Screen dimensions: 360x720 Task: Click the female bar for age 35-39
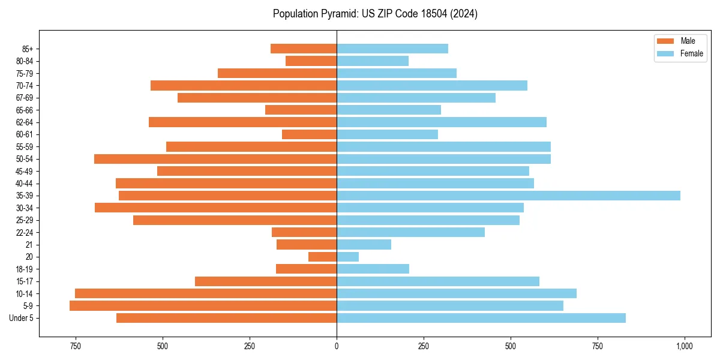click(508, 196)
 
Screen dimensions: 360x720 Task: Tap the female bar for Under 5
click(481, 318)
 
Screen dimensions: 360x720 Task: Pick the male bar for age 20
click(322, 257)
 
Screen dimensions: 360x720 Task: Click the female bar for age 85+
click(392, 49)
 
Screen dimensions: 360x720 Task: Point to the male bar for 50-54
click(215, 159)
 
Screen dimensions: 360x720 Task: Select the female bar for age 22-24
click(410, 232)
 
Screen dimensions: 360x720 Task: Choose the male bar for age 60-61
click(309, 134)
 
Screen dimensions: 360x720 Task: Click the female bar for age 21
click(364, 245)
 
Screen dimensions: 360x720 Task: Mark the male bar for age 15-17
click(266, 281)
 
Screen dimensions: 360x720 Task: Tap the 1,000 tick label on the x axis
click(685, 346)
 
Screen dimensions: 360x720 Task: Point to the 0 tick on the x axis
click(337, 346)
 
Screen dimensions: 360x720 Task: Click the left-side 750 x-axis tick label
click(75, 346)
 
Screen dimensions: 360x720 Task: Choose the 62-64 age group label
click(25, 122)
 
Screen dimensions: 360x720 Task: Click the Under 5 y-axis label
click(22, 318)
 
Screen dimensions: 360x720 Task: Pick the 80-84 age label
click(25, 61)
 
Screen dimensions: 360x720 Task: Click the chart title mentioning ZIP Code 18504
click(375, 14)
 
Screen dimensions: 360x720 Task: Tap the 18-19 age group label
click(25, 269)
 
